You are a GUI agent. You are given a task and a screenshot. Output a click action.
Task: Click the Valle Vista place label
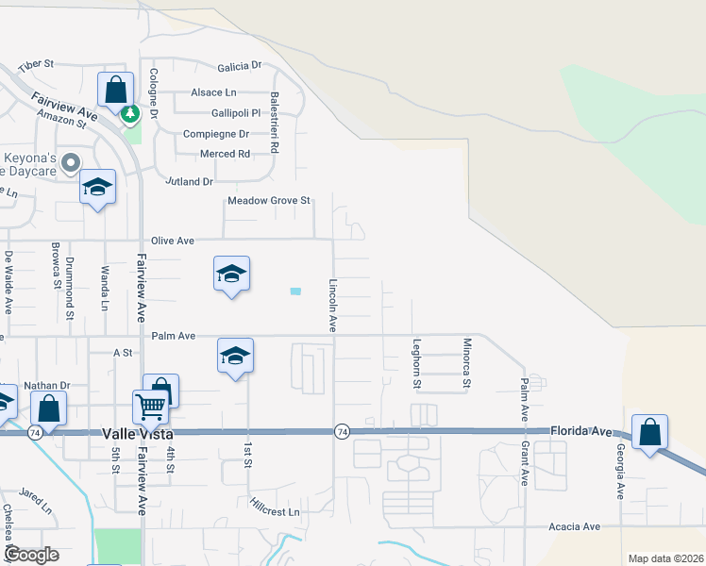pos(137,433)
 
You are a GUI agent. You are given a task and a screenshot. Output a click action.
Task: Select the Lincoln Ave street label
pos(332,305)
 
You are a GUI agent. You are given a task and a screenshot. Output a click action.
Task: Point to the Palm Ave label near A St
pos(173,336)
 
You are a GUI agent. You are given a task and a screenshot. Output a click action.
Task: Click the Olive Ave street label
pos(173,241)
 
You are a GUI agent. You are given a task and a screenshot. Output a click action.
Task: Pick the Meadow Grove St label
pos(269,201)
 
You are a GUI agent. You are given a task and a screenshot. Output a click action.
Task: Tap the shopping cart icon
pos(151,408)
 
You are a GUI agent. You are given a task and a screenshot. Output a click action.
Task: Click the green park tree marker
pos(130,114)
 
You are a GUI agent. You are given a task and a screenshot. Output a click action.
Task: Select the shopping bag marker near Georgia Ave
pos(649,434)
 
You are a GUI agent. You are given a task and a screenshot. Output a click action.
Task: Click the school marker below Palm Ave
pos(235,357)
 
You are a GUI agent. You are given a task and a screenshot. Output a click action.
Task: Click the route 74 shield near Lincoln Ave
pos(341,431)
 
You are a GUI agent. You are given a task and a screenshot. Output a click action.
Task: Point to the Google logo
pos(32,555)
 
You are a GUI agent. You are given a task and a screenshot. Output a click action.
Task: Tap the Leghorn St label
pos(415,364)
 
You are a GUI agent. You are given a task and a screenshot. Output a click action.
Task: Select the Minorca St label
pos(466,364)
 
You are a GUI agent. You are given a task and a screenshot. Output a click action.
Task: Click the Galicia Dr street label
pos(239,66)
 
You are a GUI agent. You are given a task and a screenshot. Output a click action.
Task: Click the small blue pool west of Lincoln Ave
pos(295,291)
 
